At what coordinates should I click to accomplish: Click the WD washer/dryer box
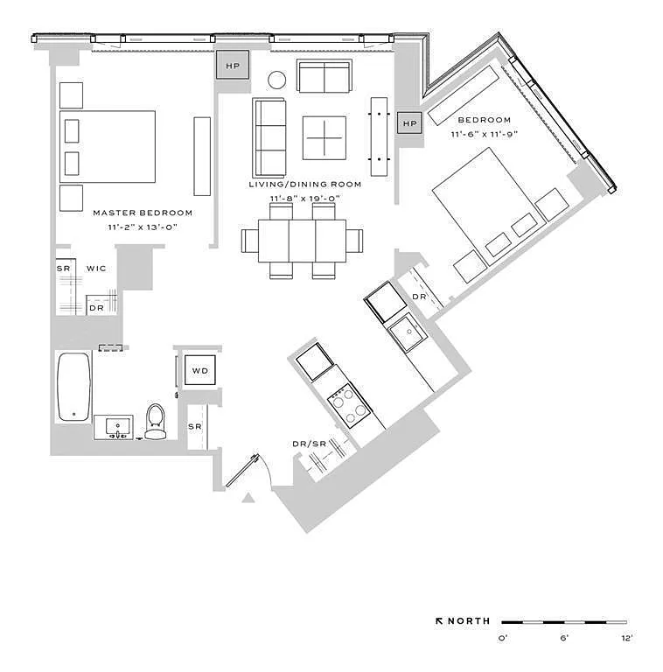coord(200,371)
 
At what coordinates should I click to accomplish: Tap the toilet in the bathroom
coord(156,422)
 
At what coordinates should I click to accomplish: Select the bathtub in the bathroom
coord(73,386)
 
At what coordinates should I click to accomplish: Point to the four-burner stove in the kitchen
coord(348,405)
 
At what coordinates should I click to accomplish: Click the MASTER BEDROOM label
coord(143,213)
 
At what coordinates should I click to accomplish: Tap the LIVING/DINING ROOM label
coord(305,185)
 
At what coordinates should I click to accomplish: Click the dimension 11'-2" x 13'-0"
coord(143,227)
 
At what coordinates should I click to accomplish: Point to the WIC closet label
coord(96,269)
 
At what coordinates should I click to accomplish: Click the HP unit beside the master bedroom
coord(233,66)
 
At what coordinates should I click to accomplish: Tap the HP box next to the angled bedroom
coord(409,124)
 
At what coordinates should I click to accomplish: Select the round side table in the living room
coord(276,80)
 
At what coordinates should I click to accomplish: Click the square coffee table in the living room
coord(324,137)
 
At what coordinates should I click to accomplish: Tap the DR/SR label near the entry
coord(308,444)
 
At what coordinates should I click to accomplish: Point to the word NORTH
coord(469,621)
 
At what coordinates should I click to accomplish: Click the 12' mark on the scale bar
coord(627,639)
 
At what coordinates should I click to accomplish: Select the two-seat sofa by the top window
coord(325,76)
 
